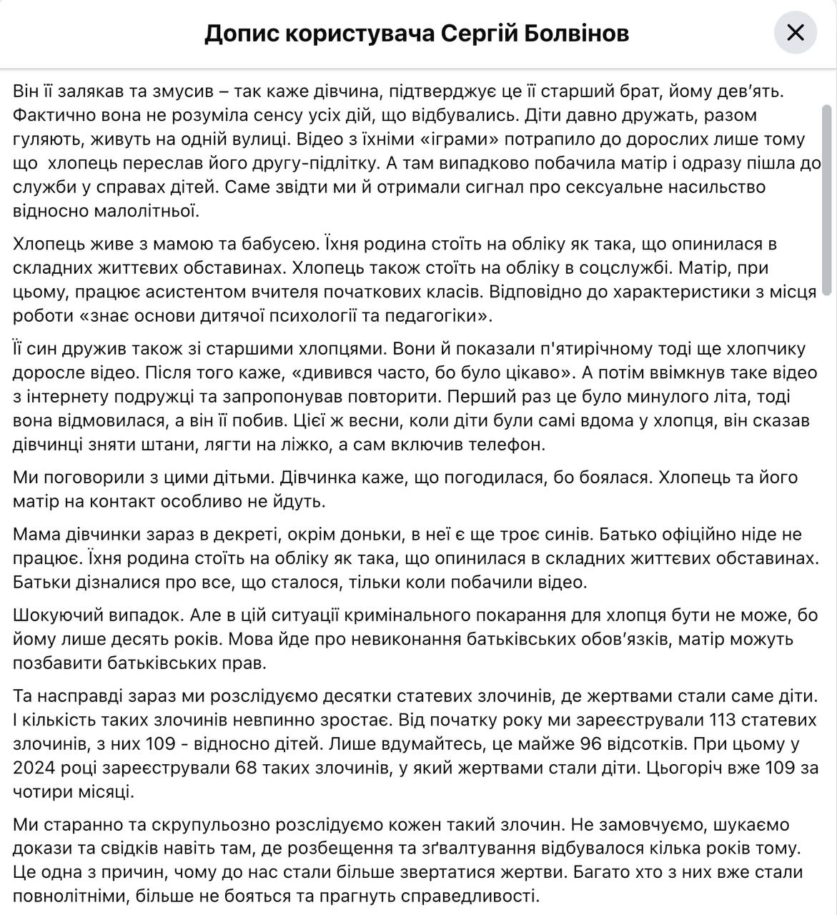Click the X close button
pyautogui.click(x=796, y=33)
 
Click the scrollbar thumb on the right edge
pyautogui.click(x=828, y=200)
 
